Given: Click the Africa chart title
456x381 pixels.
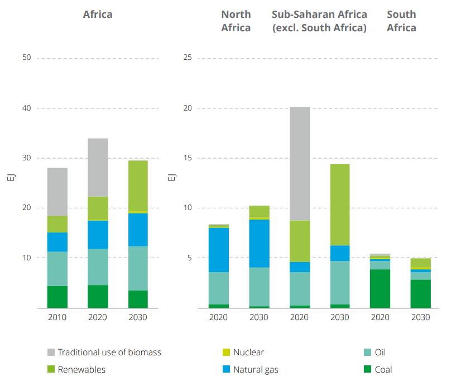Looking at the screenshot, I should coord(97,15).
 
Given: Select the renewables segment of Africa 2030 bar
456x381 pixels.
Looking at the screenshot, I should coord(138,186).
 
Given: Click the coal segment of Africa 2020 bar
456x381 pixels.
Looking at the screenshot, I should coord(98,296).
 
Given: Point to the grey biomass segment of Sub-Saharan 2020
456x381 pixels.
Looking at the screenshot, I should coord(300,164).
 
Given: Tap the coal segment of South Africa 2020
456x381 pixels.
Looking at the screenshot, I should coord(380,288).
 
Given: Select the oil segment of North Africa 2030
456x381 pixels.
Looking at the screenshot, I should coord(259,287).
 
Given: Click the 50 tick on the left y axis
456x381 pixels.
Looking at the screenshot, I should coord(26,58).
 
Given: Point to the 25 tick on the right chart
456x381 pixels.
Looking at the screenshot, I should coord(188,58).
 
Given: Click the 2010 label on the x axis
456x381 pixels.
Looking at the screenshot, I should coord(57,317).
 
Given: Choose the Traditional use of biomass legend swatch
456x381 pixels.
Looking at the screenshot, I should coord(51,353).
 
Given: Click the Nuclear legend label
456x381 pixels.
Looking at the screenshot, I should coord(248,353).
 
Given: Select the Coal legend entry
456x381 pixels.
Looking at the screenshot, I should coord(377,369).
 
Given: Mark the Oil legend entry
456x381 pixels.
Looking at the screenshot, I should coord(374,353).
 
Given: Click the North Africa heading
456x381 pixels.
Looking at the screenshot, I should coord(236,21).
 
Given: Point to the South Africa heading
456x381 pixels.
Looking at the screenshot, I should coord(401,21).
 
